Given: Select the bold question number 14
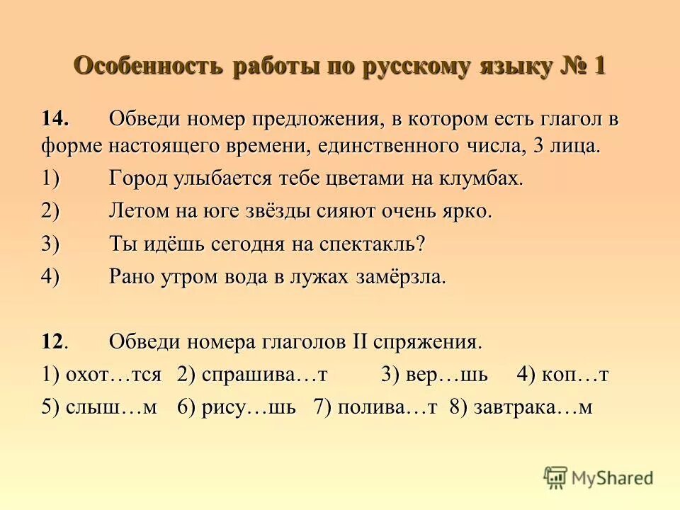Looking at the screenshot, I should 55,119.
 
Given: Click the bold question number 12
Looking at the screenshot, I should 55,342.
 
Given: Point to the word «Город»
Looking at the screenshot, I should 139,178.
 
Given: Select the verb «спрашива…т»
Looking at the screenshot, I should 264,375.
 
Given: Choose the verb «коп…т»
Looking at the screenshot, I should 574,375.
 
